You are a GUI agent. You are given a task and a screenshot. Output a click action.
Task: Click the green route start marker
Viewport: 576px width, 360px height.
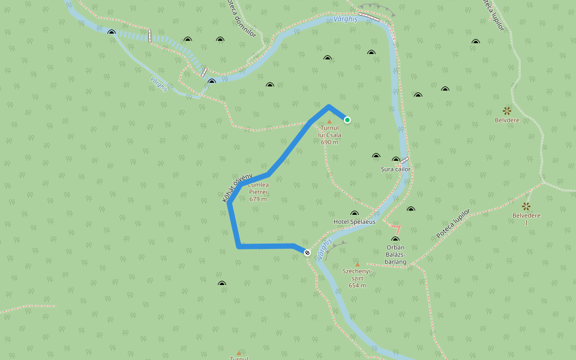click(347, 120)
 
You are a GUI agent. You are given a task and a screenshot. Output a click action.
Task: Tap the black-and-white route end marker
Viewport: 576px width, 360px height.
click(307, 253)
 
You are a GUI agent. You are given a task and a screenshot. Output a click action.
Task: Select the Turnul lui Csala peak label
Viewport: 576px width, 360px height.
click(330, 135)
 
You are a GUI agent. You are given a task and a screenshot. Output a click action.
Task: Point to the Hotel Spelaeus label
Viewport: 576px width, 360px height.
click(354, 221)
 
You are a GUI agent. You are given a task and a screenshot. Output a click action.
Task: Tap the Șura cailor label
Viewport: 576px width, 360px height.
click(396, 169)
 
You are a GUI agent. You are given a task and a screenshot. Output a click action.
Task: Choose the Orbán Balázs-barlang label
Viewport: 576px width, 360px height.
click(396, 254)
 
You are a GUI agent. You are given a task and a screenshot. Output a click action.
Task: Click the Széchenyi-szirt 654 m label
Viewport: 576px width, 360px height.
click(358, 278)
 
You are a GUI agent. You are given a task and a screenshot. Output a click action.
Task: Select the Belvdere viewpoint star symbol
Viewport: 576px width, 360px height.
click(507, 110)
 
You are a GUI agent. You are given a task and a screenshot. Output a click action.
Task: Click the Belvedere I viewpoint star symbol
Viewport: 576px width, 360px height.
click(526, 206)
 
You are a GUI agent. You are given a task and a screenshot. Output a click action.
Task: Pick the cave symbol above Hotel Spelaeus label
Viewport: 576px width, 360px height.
click(354, 213)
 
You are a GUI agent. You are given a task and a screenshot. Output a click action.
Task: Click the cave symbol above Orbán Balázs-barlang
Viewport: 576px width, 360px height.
click(395, 239)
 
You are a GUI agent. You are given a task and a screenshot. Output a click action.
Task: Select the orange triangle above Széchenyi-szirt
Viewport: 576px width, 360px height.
click(358, 264)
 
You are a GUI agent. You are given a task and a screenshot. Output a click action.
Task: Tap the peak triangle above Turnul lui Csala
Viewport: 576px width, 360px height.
click(329, 121)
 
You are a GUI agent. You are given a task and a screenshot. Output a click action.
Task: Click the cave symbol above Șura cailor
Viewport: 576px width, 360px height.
click(395, 160)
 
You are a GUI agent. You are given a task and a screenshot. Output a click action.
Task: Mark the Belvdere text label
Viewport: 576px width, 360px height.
click(507, 120)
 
